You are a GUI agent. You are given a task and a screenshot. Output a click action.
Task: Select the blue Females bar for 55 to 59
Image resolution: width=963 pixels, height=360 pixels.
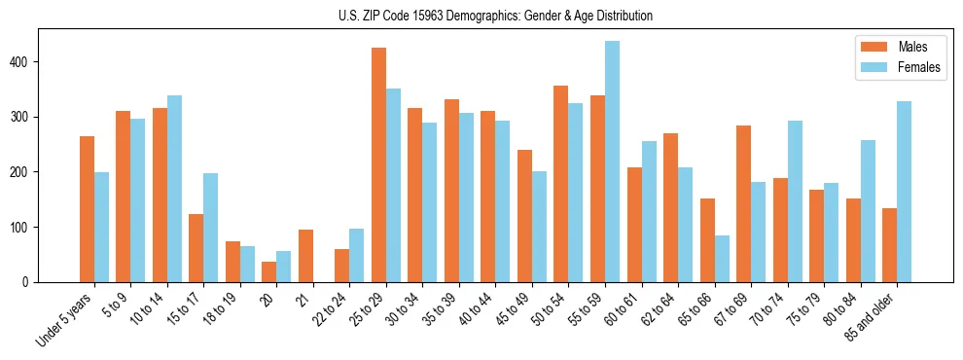click(612, 162)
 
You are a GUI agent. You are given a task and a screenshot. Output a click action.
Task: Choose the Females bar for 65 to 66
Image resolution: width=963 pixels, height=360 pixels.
click(722, 259)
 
